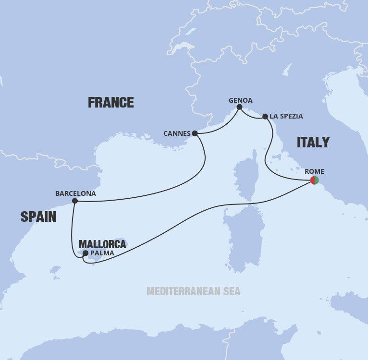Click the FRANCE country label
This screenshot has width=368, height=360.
(x=110, y=102)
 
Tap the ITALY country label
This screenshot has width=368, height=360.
(x=313, y=142)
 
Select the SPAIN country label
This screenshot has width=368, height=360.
(x=38, y=217)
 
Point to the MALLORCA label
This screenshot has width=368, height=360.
(x=102, y=244)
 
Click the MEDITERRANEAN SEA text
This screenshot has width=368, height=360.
(x=193, y=291)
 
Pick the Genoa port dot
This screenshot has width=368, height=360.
(x=239, y=107)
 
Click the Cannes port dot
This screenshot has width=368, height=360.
(x=195, y=133)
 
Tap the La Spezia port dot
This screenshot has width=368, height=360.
(x=265, y=116)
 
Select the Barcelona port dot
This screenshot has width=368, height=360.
(x=75, y=201)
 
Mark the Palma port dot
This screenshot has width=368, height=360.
(x=86, y=253)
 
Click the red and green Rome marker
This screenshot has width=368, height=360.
(x=315, y=180)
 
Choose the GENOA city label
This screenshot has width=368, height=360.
(x=240, y=100)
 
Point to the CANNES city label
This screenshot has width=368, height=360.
(x=177, y=133)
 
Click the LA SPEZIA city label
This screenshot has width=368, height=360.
(x=286, y=116)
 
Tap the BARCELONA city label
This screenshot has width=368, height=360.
(x=75, y=193)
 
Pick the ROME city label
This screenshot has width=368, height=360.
(x=315, y=171)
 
